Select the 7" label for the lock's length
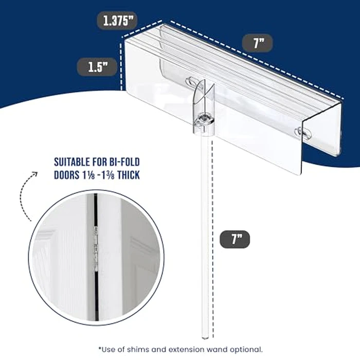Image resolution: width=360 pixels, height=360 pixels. [258, 43]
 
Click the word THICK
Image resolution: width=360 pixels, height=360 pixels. [125, 174]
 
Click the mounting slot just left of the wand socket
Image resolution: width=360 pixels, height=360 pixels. [191, 82]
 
